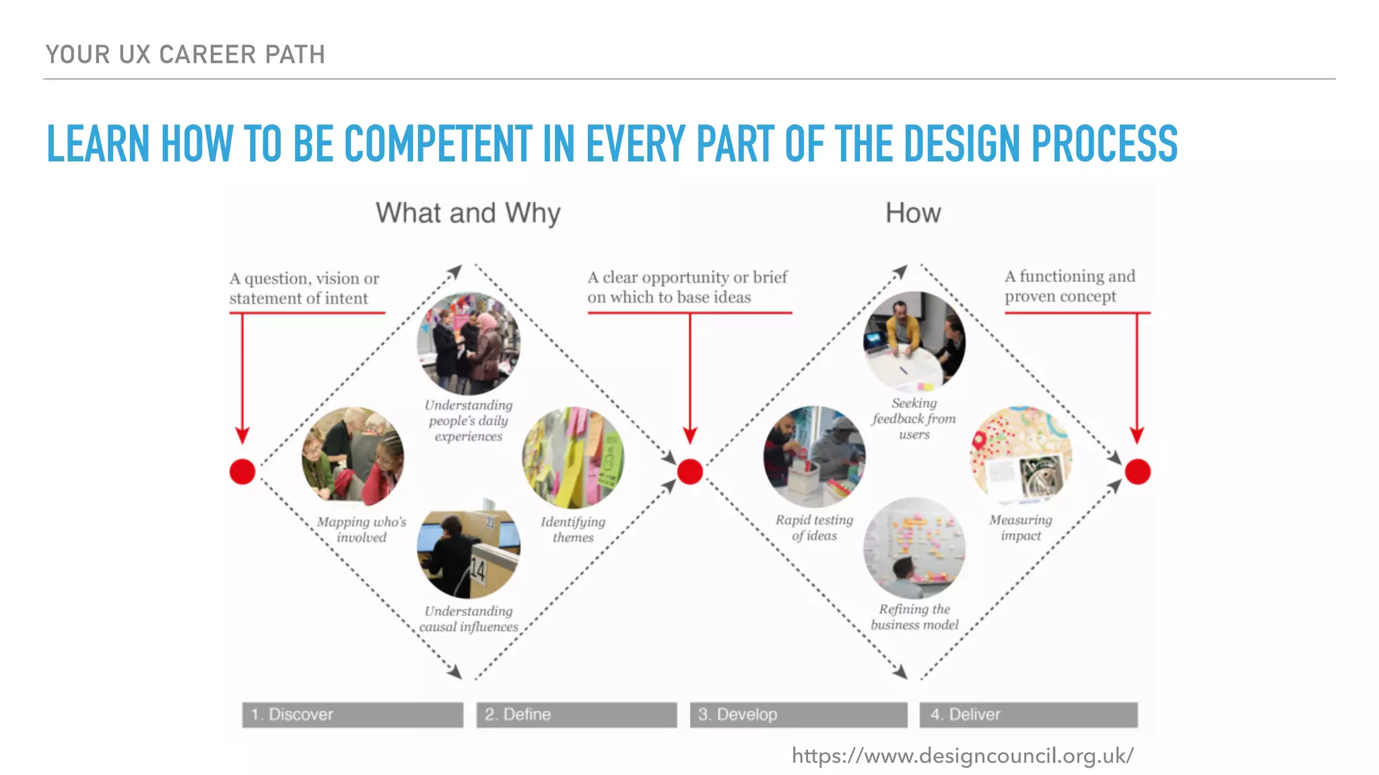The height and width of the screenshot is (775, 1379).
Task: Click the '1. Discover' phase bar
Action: [x=352, y=714]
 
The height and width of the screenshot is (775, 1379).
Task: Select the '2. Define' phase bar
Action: [x=576, y=714]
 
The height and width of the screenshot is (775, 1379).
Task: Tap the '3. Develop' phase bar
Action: [x=798, y=714]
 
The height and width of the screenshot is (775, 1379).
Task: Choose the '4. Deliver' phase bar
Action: [x=1028, y=714]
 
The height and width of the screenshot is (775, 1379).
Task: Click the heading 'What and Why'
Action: [x=468, y=213]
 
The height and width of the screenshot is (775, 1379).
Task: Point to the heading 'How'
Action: [x=912, y=213]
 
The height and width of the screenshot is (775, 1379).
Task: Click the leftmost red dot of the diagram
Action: [x=242, y=472]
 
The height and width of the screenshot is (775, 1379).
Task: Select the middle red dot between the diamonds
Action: [x=689, y=472]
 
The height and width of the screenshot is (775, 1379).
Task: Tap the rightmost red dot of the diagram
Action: [x=1137, y=472]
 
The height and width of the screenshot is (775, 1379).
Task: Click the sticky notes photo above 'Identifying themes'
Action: [x=573, y=457]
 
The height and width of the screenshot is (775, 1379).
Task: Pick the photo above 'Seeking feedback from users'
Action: [x=914, y=342]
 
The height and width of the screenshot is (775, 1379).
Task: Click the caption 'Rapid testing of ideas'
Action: [x=814, y=528]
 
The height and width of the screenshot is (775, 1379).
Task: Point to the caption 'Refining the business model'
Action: [x=914, y=617]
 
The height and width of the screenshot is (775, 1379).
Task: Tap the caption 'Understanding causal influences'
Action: [x=469, y=619]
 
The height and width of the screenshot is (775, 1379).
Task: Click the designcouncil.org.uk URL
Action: [x=962, y=756]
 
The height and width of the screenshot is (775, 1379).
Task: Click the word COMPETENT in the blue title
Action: [x=438, y=144]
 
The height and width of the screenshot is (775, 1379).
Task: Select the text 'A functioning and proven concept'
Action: [x=1069, y=287]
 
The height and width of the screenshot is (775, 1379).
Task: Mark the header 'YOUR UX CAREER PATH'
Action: [x=185, y=54]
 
